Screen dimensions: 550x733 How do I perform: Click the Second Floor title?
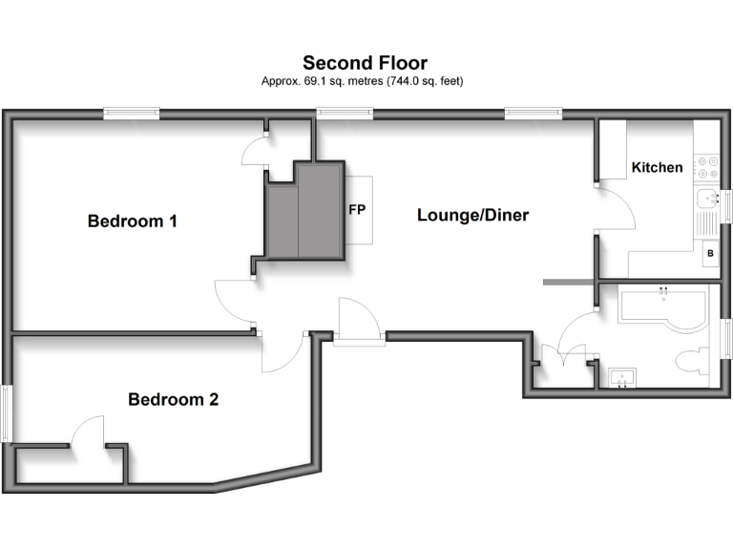366,63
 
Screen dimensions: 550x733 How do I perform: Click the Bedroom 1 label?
133,222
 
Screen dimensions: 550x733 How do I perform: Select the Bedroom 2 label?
173,399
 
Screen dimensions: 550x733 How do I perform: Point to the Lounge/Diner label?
472,216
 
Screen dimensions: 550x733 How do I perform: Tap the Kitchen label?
658,167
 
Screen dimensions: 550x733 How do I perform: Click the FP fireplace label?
358,209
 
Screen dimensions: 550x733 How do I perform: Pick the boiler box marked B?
709,254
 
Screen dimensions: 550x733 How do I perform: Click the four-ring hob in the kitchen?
707,168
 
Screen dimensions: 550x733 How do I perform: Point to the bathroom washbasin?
621,379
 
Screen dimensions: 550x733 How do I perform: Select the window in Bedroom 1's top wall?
132,114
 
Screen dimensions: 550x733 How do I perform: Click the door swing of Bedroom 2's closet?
88,432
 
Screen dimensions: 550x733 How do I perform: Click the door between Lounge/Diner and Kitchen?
615,208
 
